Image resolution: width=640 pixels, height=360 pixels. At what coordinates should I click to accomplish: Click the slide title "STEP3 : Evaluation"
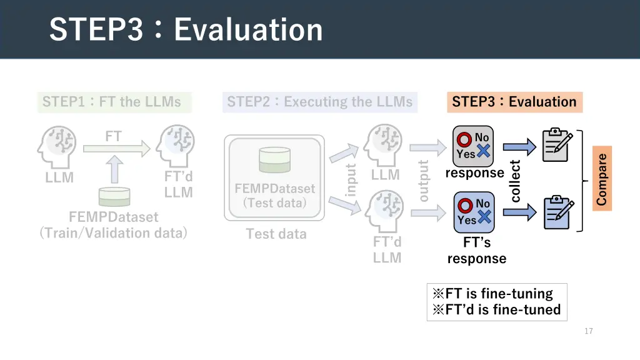[186, 30]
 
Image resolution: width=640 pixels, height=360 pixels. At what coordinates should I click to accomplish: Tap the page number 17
[588, 331]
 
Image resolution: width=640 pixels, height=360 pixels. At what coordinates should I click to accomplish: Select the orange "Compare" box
[602, 179]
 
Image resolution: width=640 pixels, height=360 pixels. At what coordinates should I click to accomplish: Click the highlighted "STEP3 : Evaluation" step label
[514, 102]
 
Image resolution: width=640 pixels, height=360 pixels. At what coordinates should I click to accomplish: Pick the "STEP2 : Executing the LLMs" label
[319, 102]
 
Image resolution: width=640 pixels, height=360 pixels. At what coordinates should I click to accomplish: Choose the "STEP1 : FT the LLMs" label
[112, 102]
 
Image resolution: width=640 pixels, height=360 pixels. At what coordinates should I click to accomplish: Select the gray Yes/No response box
[473, 146]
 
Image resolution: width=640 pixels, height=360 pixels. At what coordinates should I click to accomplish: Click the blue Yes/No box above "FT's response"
[473, 212]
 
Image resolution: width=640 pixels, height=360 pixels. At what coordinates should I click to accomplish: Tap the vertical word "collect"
[516, 181]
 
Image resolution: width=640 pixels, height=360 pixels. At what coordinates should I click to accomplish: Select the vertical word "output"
[424, 181]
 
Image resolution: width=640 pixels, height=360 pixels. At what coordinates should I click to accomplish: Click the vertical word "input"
[351, 179]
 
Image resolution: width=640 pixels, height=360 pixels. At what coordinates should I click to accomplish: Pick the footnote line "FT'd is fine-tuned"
[497, 309]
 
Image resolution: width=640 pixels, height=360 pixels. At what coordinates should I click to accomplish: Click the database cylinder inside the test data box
[274, 159]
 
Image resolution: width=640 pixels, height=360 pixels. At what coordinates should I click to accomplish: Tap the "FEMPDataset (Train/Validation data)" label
[113, 225]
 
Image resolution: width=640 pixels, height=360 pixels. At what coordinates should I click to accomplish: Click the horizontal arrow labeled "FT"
[116, 148]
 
